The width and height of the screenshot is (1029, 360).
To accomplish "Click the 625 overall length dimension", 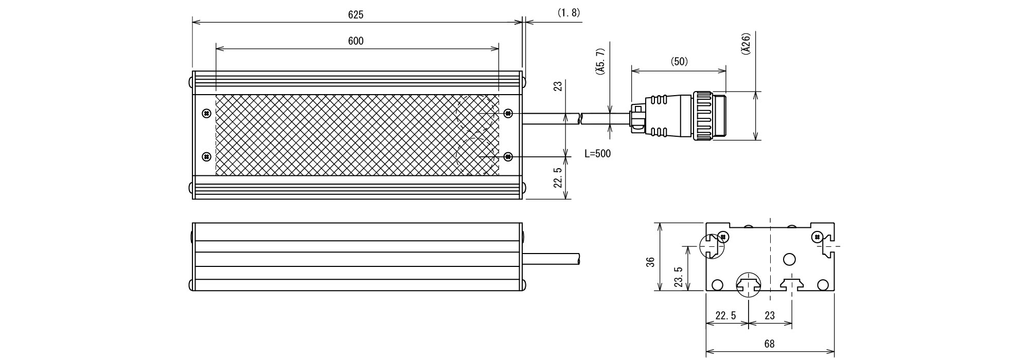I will click(x=356, y=15).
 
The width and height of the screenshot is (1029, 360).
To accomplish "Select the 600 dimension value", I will click(x=356, y=41).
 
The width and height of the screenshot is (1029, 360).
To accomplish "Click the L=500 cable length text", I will click(x=598, y=153).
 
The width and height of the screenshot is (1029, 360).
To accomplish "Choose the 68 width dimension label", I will click(x=769, y=344).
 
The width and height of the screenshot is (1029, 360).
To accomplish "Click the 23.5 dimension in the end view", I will click(x=678, y=277).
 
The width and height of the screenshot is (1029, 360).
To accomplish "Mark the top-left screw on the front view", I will click(x=206, y=113).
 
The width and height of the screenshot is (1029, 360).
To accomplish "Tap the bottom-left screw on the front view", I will click(x=206, y=156).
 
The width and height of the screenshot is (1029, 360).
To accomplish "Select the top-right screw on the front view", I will click(x=508, y=113).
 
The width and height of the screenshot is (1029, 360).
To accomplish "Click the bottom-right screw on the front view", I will click(x=508, y=156).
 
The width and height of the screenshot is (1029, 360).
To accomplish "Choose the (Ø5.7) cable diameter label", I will click(x=599, y=63).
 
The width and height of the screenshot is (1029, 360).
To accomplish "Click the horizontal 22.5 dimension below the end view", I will click(x=725, y=316).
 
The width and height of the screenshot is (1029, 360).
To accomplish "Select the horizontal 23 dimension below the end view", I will click(x=769, y=316).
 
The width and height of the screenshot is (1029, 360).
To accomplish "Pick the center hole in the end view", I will click(x=789, y=259).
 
